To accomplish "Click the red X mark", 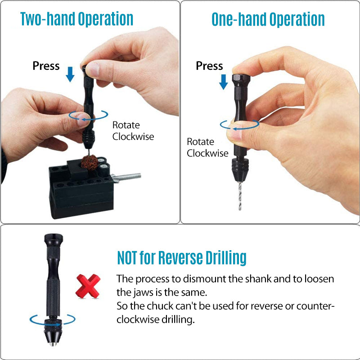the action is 88,286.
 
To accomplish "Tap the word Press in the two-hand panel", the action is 46,66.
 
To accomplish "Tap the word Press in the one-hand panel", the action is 209,66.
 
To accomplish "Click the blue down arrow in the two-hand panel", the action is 70,74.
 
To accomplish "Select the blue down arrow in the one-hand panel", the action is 223,82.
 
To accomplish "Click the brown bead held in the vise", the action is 90,162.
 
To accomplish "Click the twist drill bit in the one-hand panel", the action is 240,196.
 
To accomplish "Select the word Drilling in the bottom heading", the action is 226,258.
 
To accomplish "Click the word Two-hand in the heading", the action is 48,18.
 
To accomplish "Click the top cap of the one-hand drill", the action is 241,81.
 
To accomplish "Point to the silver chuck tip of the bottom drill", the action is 53,344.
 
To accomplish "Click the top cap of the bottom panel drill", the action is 54,240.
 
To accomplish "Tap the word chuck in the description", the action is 160,306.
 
